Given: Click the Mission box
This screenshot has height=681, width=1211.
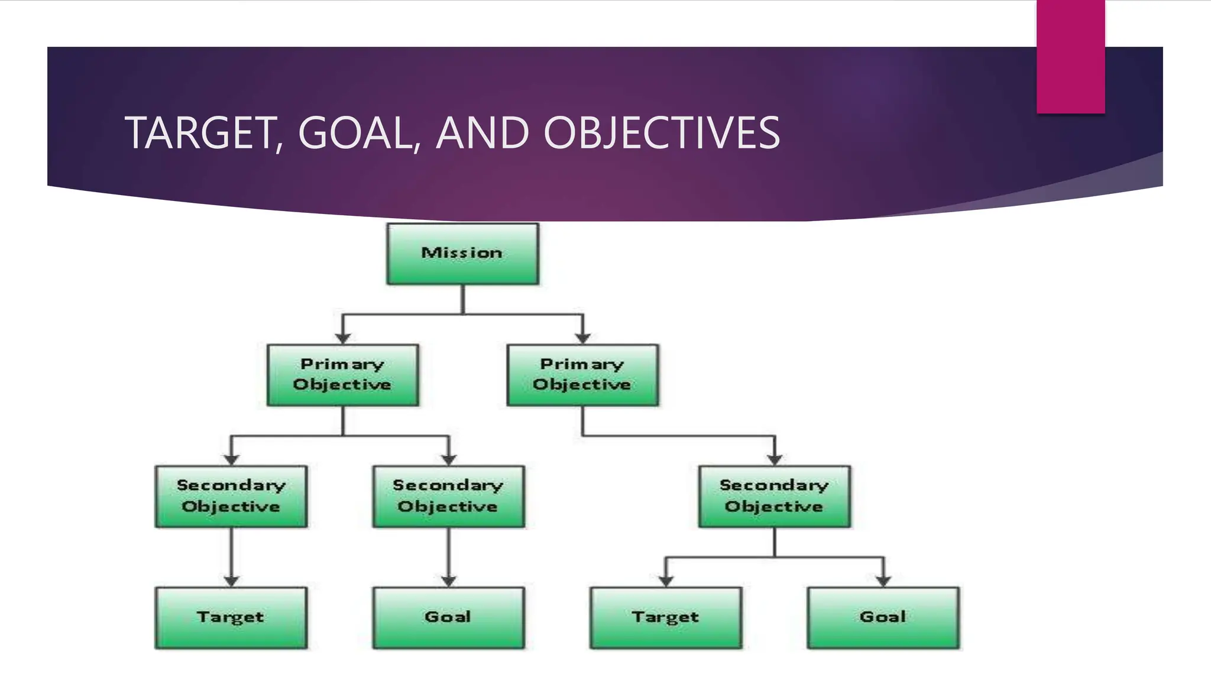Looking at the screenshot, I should [462, 254].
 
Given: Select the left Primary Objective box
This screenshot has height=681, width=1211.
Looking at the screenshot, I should [342, 375].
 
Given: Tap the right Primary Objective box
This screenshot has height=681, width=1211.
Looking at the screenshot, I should [582, 375].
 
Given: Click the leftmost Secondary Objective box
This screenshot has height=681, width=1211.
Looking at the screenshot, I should [231, 496].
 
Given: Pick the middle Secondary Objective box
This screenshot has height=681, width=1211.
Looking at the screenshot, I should [448, 496].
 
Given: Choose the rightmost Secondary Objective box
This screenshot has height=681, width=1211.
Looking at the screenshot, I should [774, 496].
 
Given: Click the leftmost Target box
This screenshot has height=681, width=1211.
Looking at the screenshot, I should [231, 617].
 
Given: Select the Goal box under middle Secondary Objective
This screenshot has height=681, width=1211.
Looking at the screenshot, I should [448, 617].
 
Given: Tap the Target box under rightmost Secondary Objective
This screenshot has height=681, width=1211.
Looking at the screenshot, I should [665, 617].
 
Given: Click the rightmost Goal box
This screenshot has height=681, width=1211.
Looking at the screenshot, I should [883, 617].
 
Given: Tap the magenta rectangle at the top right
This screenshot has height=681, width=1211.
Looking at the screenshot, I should [1070, 57].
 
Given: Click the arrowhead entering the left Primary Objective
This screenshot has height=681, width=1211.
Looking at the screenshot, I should [343, 338].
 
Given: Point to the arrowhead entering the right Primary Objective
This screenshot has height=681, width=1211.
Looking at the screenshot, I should [583, 338].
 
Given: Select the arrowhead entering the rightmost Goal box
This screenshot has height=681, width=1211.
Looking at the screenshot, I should [883, 581].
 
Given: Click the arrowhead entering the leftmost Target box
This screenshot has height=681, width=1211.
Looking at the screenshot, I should [231, 581].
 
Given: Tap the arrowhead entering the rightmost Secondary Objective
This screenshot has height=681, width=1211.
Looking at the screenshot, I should [775, 459].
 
